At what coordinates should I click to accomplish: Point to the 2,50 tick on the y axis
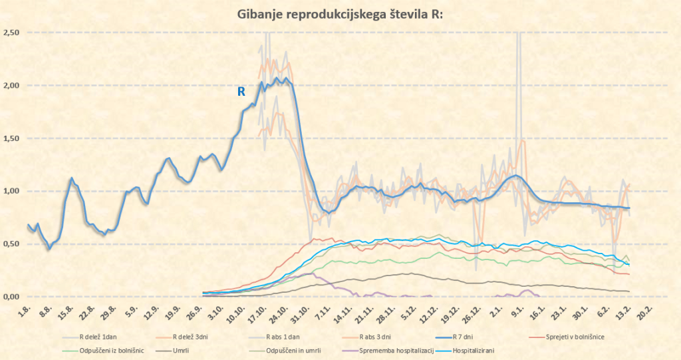coord(12,33)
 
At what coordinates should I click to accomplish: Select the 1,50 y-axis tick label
coord(12,138)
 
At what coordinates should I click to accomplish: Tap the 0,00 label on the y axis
coord(12,297)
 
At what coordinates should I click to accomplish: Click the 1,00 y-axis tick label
coord(12,191)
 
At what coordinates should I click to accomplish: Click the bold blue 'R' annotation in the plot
coord(242,92)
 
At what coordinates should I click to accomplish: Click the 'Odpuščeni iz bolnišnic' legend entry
coord(97,351)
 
